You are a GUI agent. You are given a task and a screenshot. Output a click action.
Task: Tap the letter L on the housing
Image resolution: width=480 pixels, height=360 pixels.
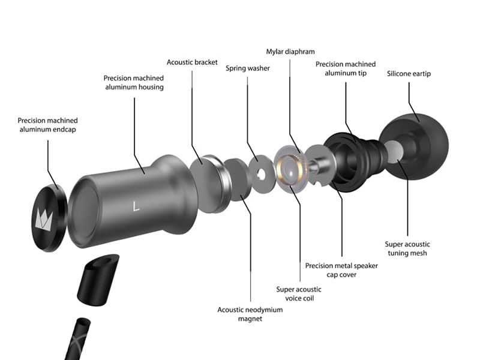click(136, 206)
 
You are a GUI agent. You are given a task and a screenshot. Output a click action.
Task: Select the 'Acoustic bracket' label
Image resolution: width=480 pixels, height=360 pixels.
click(192, 62)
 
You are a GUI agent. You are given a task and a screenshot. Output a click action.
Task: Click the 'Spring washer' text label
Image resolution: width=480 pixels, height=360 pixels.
click(248, 68)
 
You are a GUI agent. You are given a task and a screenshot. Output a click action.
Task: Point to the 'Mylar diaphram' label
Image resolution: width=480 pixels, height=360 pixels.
click(290, 52)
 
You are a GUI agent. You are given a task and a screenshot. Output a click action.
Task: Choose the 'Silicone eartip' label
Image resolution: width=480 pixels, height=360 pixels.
click(409, 74)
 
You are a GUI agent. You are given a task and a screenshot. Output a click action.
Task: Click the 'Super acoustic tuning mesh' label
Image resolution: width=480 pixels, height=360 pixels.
click(407, 248)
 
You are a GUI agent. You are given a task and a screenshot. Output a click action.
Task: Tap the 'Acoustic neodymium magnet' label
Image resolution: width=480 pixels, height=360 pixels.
click(250, 314)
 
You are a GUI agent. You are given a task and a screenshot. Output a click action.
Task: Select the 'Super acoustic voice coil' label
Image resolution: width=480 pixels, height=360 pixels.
click(299, 294)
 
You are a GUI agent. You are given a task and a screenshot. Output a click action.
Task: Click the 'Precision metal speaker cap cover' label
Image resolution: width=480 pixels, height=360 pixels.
click(341, 270)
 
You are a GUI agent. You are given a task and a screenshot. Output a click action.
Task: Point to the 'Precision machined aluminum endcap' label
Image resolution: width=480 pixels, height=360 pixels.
click(47, 125)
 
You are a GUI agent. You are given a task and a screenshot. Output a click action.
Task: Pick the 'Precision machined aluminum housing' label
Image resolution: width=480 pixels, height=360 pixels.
click(134, 83)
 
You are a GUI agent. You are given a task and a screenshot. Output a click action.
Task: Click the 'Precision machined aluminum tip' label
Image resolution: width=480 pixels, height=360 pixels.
click(346, 68)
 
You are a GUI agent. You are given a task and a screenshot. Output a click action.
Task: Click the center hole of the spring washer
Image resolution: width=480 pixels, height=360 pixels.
click(261, 173)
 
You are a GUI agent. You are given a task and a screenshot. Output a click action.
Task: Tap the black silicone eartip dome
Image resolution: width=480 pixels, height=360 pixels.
click(413, 146)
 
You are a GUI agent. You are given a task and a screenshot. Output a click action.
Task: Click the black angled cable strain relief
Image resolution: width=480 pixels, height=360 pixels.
click(98, 280)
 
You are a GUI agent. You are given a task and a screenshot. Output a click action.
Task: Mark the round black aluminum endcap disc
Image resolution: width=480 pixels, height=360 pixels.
click(49, 218)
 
